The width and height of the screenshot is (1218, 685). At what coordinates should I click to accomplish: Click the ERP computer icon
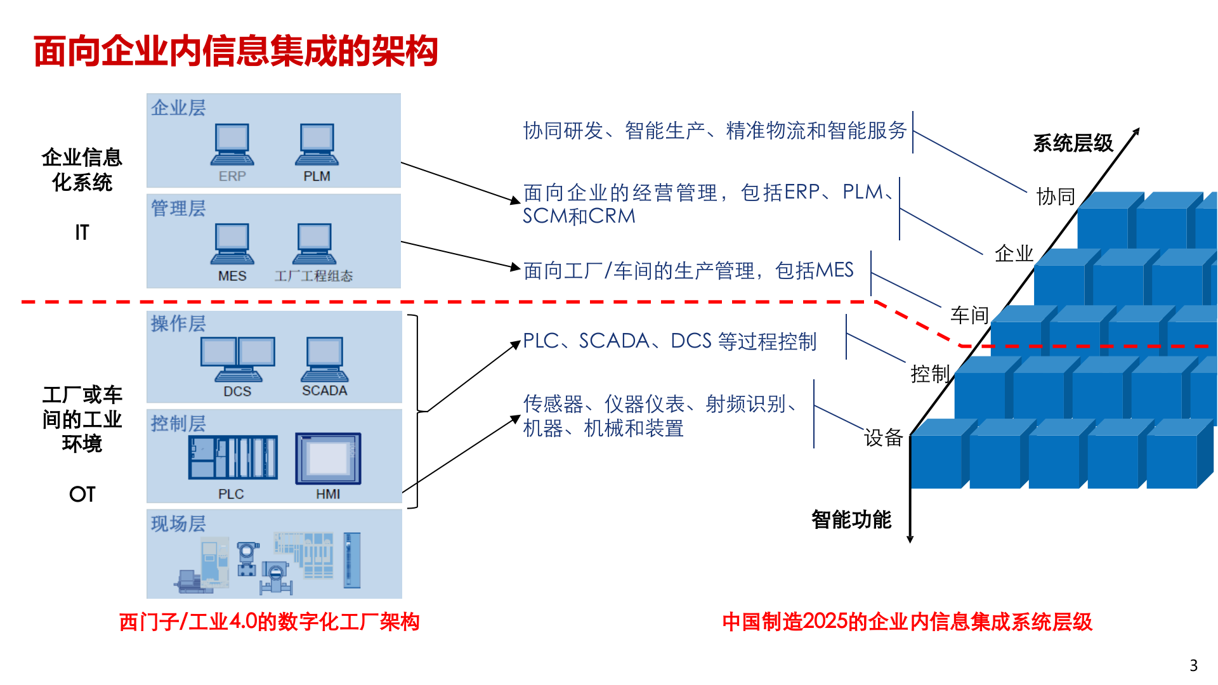(232, 145)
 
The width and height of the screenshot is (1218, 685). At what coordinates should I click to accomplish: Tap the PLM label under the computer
(317, 176)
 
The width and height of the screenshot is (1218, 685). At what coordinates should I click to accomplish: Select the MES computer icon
(232, 244)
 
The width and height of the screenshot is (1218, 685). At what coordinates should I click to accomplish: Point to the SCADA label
(324, 391)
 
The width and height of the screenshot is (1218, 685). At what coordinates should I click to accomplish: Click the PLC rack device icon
(233, 457)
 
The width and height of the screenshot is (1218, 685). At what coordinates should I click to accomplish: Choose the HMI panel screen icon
(328, 458)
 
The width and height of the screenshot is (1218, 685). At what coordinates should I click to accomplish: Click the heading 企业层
(178, 108)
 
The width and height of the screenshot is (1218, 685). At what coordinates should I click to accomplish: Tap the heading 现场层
(178, 524)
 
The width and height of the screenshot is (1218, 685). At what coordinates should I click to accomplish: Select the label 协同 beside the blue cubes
(1056, 197)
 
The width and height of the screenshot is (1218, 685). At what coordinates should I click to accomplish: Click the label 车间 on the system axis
(969, 315)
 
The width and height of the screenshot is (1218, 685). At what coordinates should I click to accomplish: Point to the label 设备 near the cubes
(883, 438)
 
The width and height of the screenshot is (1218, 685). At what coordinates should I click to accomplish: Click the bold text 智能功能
(851, 520)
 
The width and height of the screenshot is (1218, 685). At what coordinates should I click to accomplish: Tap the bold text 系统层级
(1073, 143)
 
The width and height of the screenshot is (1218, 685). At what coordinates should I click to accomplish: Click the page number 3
(1193, 665)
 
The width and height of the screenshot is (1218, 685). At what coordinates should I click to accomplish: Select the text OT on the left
(82, 494)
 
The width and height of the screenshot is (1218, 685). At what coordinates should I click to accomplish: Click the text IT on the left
(82, 233)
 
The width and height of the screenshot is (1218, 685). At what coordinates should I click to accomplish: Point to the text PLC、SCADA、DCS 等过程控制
(669, 341)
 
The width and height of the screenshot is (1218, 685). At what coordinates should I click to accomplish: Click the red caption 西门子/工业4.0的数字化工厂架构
(269, 622)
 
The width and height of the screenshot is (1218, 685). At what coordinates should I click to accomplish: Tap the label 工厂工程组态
(314, 277)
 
